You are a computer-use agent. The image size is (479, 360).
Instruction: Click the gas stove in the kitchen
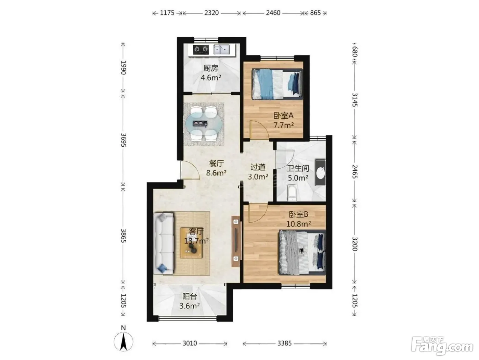point(201,50)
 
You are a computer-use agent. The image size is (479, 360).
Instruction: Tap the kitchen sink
point(221,50)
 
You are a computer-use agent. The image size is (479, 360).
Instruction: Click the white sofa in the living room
point(164,243)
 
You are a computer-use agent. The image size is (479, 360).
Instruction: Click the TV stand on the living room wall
point(236,241)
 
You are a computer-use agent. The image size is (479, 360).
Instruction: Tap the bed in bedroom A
point(277,84)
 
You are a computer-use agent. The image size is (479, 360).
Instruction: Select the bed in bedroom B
point(302,253)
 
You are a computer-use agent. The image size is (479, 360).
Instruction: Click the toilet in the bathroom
point(292,193)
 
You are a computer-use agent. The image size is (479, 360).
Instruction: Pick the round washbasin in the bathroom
point(321,173)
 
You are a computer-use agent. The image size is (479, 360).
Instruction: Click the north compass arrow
point(124,342)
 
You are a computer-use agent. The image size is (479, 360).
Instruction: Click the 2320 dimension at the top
point(211,13)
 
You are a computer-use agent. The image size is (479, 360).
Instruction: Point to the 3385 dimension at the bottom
point(285,344)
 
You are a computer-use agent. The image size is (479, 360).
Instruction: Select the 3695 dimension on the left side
point(124,140)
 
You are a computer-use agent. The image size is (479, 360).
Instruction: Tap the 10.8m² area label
point(299,224)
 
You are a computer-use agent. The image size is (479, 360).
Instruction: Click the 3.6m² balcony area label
point(190,306)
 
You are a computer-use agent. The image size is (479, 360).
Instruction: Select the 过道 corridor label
point(258,167)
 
